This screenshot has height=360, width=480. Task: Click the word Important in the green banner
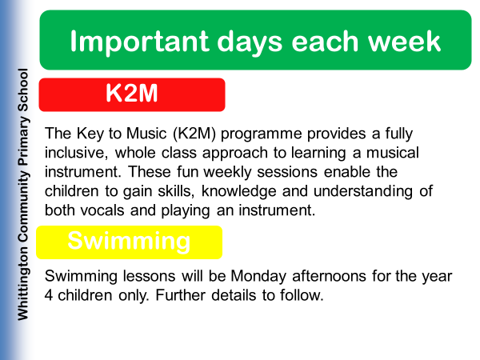[139, 42]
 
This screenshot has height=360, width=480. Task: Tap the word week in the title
[404, 41]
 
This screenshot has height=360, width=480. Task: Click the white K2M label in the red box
[132, 93]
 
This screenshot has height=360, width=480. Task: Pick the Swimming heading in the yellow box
[129, 242]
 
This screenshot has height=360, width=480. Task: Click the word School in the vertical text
[22, 90]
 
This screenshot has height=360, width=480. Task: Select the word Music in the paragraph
[146, 134]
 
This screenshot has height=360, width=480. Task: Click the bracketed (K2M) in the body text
[194, 134]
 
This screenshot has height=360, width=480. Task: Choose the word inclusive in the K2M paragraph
[76, 153]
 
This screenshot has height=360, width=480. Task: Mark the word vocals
[102, 210]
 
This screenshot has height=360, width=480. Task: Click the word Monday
[258, 277]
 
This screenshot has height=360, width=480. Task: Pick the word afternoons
[329, 276]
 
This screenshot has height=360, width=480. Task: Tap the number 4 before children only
[48, 295]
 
